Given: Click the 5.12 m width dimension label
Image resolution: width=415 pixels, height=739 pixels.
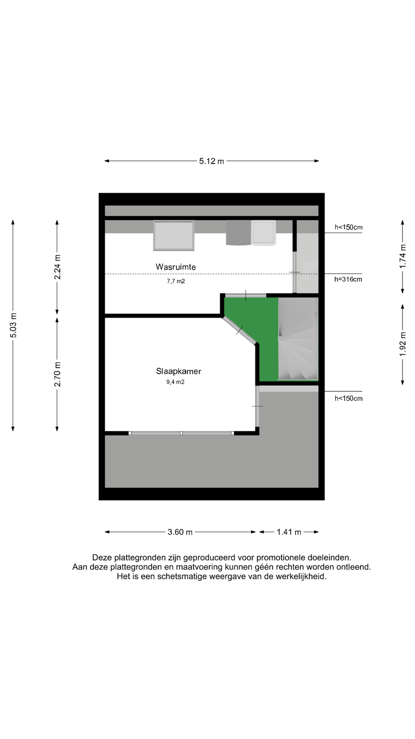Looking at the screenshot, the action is pos(211,161).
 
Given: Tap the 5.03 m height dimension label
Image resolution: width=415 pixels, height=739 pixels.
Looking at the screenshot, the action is pos(13,325).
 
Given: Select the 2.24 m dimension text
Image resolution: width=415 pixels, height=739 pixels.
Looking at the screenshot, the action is pos(57,267).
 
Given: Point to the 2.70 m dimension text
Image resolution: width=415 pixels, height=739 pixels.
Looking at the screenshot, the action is pos(57,374).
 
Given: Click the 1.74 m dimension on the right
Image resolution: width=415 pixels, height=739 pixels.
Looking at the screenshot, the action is pos(403,256).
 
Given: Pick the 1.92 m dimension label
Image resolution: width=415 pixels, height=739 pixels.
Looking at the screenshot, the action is pos(403,344).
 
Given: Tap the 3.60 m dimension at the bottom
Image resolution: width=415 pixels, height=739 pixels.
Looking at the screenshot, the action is pos(180,532).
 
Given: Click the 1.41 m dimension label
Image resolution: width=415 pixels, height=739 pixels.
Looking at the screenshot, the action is pos(289,532).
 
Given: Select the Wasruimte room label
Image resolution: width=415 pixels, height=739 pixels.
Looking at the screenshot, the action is pos(176,267).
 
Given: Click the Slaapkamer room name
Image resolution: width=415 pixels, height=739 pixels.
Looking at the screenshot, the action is pos(179,371).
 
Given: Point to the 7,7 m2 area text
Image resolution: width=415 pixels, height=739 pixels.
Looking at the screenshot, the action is pos(176,281).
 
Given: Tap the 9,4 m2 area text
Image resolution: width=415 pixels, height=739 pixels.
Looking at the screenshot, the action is pos(175,382).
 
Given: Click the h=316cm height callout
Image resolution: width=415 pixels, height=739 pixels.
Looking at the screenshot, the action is pos(348,279).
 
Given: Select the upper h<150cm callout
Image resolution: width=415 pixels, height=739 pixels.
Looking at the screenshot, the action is pos(349,227).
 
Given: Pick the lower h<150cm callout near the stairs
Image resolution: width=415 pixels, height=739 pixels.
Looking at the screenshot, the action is pos(349,398).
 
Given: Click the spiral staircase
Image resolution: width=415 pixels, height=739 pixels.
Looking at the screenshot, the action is pos(298,339).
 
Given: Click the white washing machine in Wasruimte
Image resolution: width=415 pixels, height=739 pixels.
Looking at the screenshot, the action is pos(264,232).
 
